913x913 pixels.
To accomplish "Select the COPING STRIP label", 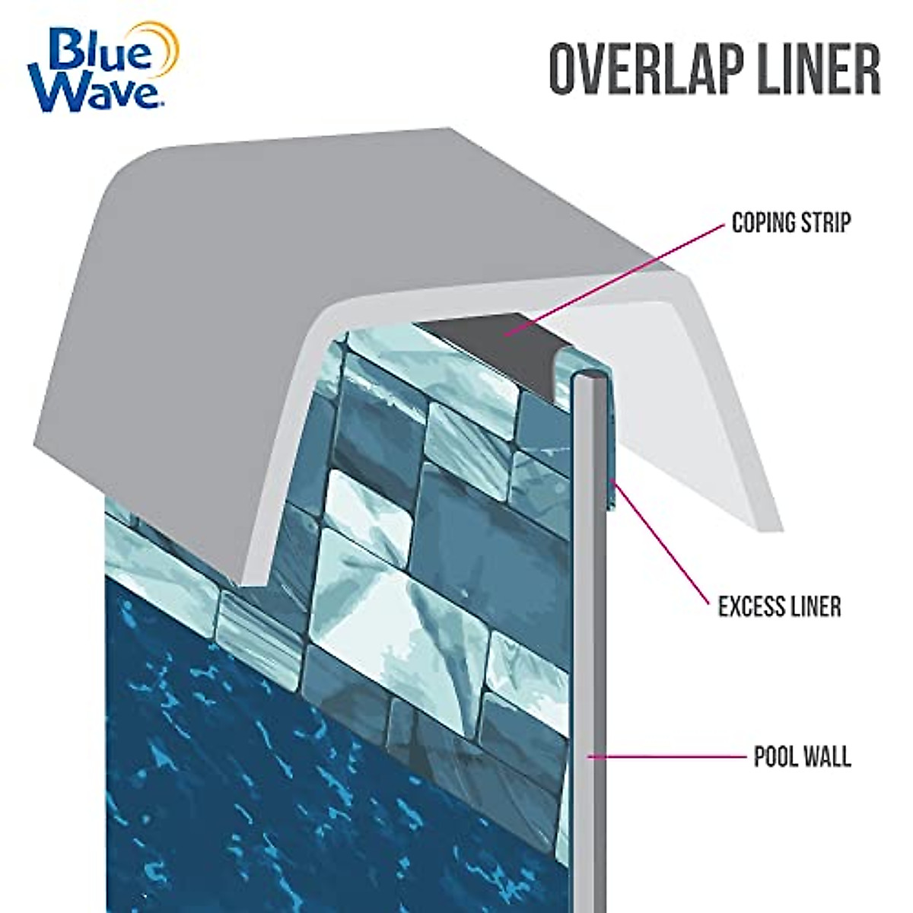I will (x=791, y=223).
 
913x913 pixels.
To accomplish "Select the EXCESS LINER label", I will (x=779, y=606).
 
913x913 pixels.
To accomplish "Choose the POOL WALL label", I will (x=802, y=758).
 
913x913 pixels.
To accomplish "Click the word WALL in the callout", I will (x=829, y=758).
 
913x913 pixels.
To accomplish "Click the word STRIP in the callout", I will (x=826, y=223).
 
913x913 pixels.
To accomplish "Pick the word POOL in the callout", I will (x=773, y=758).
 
